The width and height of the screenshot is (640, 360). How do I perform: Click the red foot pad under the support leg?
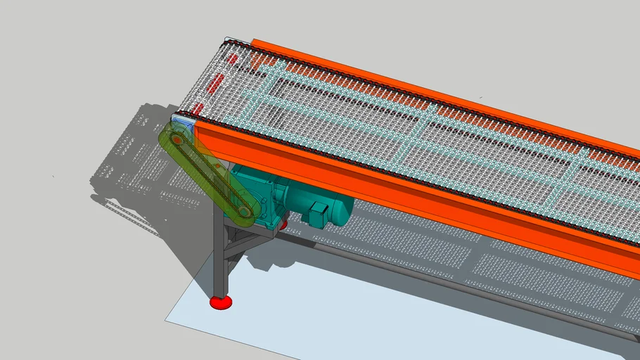tap(221, 302)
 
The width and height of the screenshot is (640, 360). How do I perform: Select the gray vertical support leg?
tap(220, 260)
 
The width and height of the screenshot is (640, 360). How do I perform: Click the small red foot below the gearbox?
tap(283, 225)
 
